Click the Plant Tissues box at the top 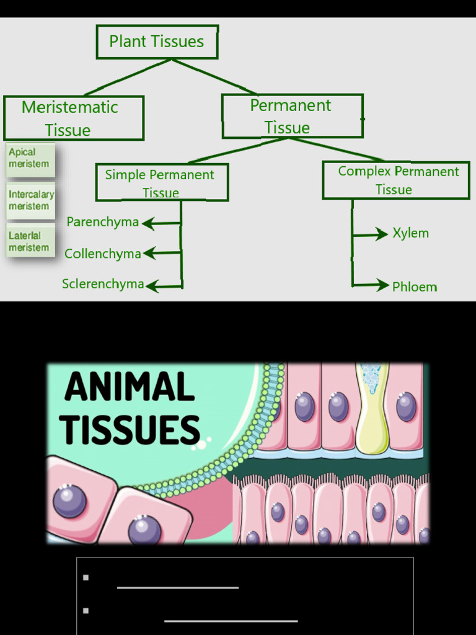click(157, 42)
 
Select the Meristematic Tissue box click(73, 118)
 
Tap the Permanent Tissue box click(292, 116)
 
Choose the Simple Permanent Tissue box click(162, 182)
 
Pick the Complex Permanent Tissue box click(396, 180)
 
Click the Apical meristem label click(30, 159)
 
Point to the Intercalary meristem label click(31, 200)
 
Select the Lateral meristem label click(29, 242)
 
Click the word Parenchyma click(102, 222)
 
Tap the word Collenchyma click(102, 254)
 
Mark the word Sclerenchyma click(103, 284)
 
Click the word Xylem click(410, 233)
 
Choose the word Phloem click(415, 286)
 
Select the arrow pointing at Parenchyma click(161, 223)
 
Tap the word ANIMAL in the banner click(130, 387)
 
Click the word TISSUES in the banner click(130, 429)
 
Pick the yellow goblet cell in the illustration click(372, 412)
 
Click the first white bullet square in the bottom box click(86, 577)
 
